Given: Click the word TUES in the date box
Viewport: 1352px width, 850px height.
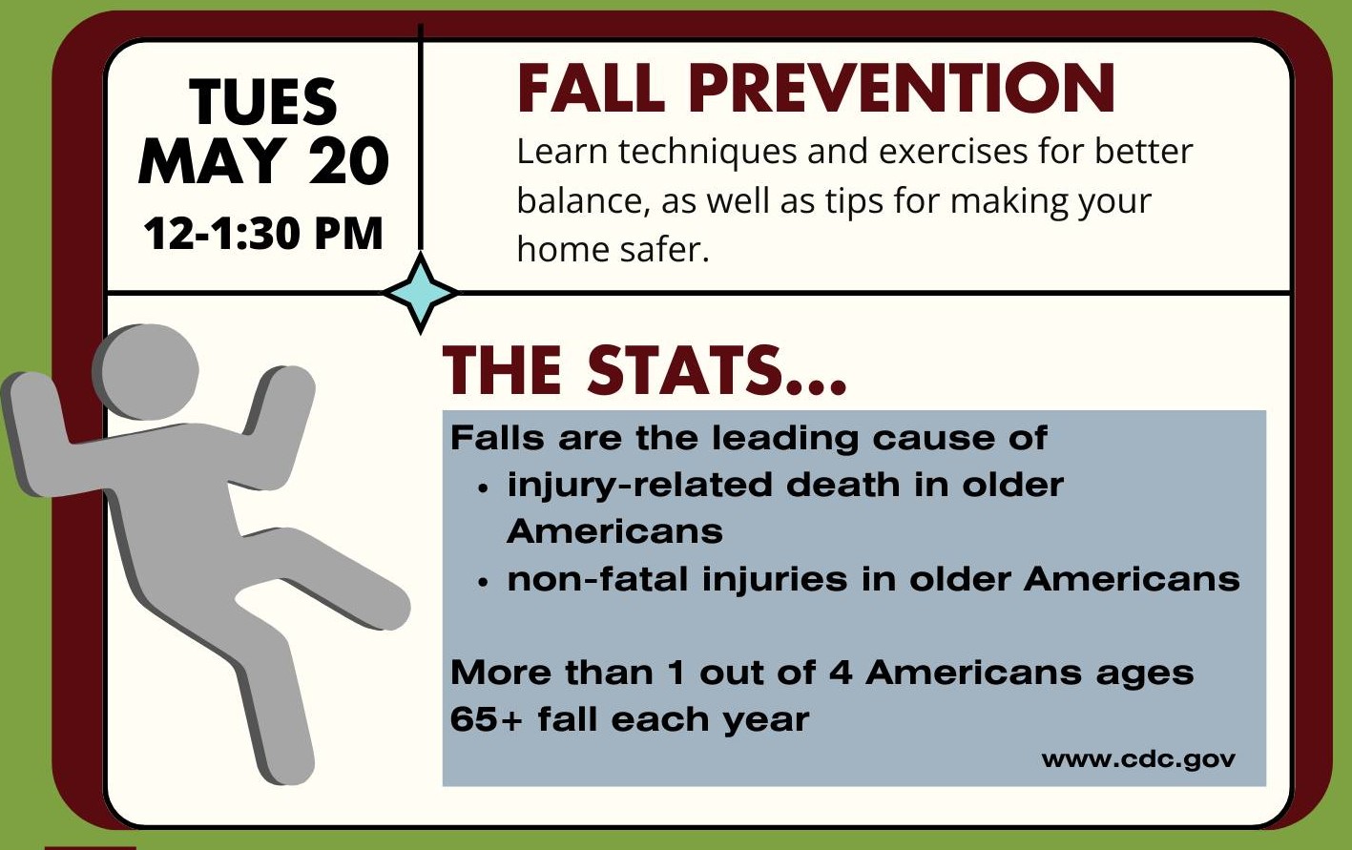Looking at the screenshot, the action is (263, 101).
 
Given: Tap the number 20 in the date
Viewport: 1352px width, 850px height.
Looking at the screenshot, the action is (349, 160).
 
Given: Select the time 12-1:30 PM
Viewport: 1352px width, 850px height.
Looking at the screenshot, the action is (263, 233).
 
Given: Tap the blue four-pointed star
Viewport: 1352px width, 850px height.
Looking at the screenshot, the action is (421, 293).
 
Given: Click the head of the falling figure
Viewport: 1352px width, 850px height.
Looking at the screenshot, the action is (146, 372).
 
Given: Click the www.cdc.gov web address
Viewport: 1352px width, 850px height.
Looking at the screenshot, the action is (1138, 759).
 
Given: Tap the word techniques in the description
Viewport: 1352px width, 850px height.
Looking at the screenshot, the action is (707, 151).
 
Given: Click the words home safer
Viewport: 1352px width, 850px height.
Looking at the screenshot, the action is (613, 249).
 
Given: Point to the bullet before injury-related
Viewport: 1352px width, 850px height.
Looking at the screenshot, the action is (482, 488).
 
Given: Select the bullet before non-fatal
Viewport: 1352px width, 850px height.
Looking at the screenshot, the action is (482, 583).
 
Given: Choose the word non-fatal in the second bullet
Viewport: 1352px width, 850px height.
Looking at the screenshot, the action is (597, 579).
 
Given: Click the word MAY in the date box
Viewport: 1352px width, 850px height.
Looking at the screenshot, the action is (212, 160).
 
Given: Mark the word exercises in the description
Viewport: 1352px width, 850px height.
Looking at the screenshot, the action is (953, 151).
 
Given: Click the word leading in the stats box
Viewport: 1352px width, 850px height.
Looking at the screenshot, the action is (785, 439).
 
